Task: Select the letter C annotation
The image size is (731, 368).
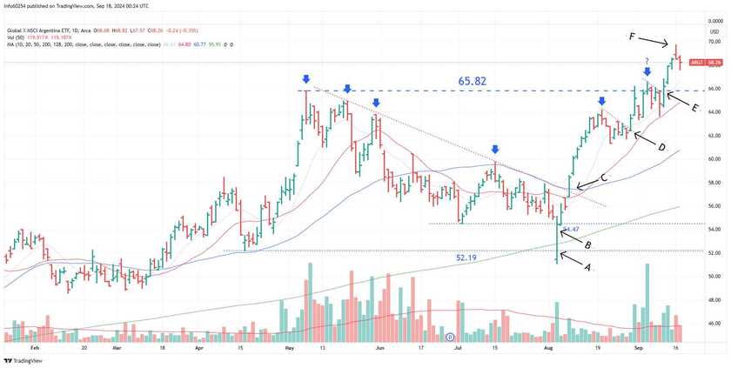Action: (605, 177)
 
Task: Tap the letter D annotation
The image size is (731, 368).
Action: (661, 148)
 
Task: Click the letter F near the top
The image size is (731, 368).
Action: (633, 37)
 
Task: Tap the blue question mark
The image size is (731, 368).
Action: (647, 60)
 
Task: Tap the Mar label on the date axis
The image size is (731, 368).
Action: (116, 347)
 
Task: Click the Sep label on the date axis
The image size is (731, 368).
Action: (638, 347)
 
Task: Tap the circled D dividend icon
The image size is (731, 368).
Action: (450, 337)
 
